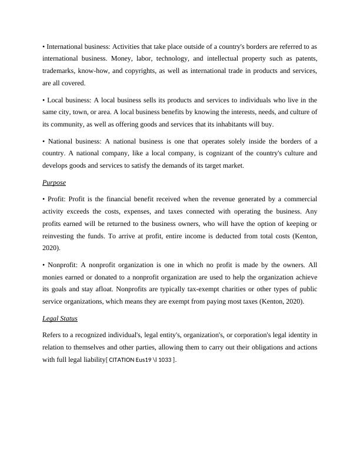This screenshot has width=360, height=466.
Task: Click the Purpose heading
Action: click(x=54, y=182)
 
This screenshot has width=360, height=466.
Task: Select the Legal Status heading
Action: click(x=60, y=318)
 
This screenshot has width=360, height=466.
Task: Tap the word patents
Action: click(x=302, y=59)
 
